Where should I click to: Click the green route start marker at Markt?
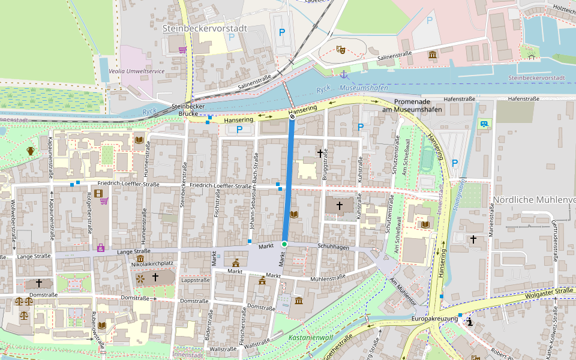(x=284, y=244)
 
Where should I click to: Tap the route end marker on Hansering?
(x=292, y=118)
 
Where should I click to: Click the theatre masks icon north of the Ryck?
(x=341, y=50)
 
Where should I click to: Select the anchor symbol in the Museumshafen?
(x=343, y=74)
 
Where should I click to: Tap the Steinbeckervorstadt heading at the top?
(x=205, y=28)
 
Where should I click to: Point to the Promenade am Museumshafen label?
(x=412, y=106)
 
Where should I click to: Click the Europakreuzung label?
(x=434, y=319)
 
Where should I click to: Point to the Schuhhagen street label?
(x=333, y=247)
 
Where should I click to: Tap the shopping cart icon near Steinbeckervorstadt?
(x=182, y=50)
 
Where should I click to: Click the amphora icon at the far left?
(x=31, y=151)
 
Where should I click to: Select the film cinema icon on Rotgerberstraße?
(x=98, y=193)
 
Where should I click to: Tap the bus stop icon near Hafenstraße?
(x=484, y=124)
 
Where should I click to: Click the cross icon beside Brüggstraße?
(x=320, y=154)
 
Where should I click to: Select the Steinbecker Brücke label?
(x=188, y=110)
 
